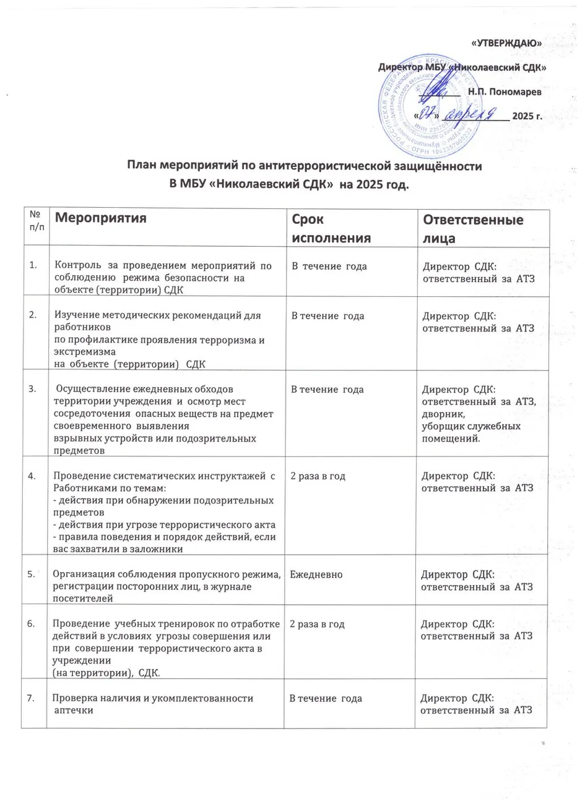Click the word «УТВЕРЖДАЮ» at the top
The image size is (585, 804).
[x=505, y=43]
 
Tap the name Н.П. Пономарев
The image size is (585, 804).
[x=504, y=92]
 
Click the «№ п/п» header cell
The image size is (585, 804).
[x=34, y=218]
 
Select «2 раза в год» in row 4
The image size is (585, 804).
[x=318, y=476]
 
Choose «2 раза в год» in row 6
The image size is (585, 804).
[x=317, y=624]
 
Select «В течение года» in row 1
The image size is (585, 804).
[x=329, y=266]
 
